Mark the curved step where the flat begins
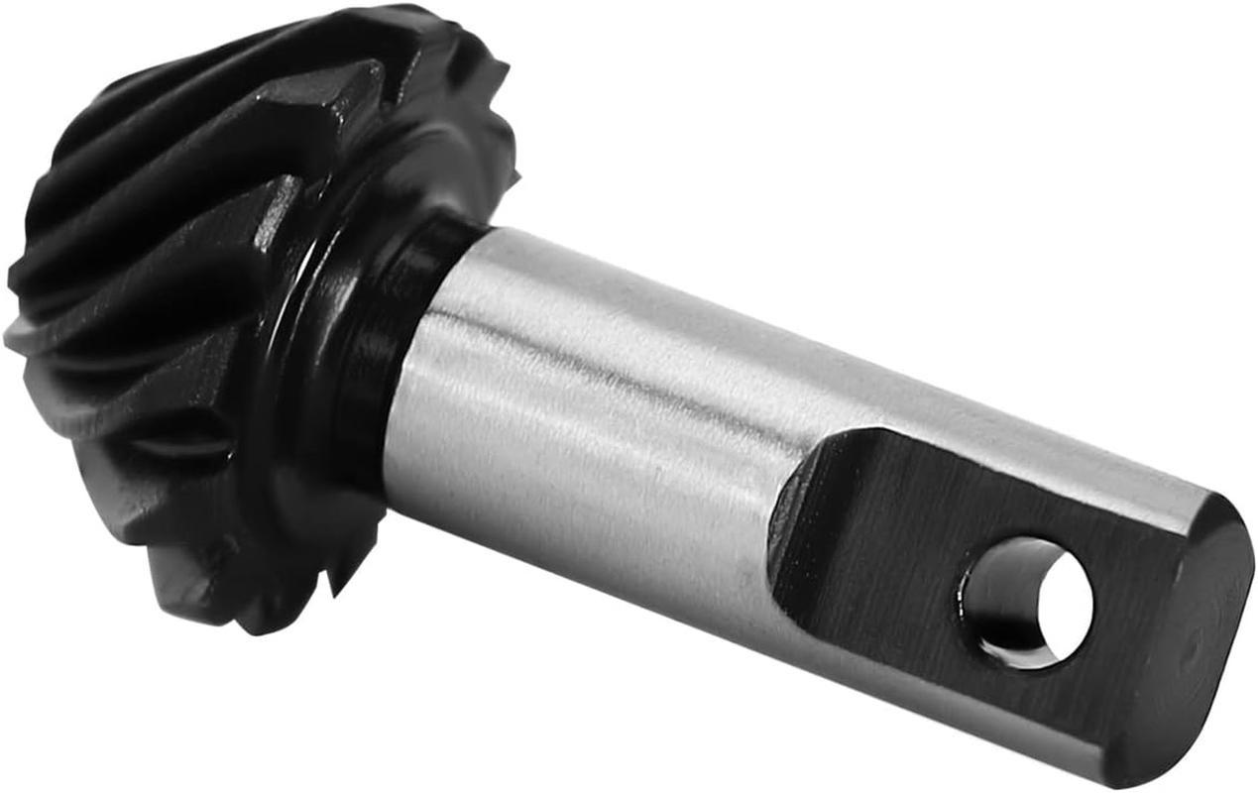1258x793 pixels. tap(793, 515)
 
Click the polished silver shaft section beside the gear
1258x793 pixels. tap(595, 416)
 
